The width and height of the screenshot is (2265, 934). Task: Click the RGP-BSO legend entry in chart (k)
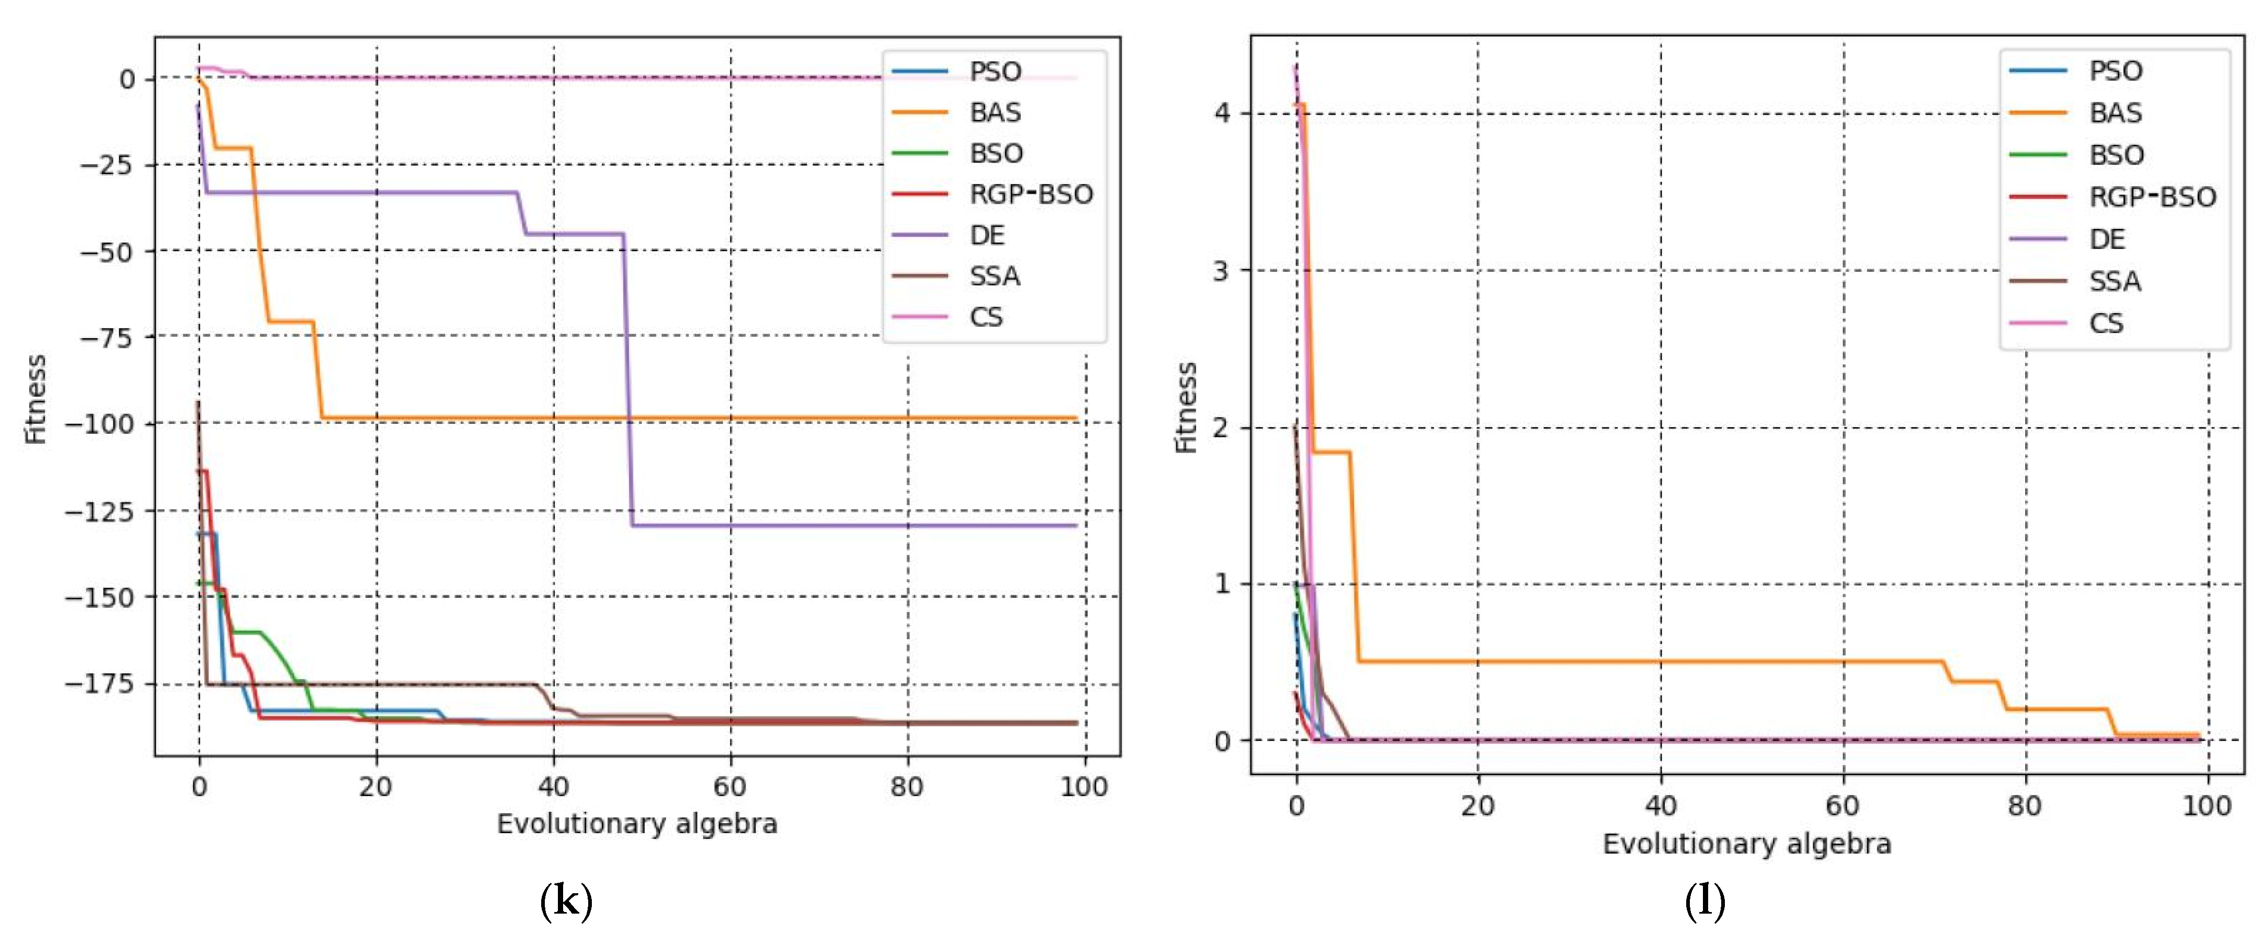[x=1031, y=194]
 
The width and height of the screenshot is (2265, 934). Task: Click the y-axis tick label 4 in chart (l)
[x=1221, y=113]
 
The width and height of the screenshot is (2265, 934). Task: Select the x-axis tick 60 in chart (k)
[x=730, y=786]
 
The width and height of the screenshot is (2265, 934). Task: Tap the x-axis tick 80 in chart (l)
[x=2025, y=805]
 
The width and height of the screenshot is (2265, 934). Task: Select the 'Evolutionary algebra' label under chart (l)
[x=1746, y=844]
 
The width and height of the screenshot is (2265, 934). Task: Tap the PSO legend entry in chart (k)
[x=995, y=71]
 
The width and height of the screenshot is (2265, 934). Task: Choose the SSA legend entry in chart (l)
[x=2115, y=281]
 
